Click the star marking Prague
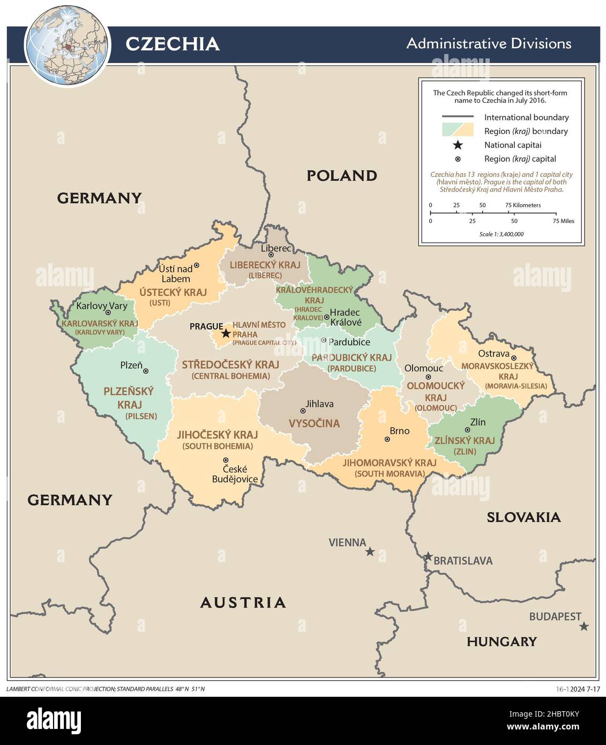(226, 333)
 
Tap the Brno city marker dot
(387, 439)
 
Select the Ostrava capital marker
(513, 358)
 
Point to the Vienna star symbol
(370, 552)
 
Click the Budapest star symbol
(584, 626)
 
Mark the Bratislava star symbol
(428, 556)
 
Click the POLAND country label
(341, 176)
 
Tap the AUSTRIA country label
(243, 602)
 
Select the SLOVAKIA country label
(523, 517)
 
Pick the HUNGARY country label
(501, 642)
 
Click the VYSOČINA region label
(314, 423)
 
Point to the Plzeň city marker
(146, 371)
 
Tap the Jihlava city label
(319, 404)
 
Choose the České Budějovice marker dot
(226, 460)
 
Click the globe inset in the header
(68, 45)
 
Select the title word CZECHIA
(172, 44)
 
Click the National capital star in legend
(458, 145)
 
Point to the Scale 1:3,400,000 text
(502, 234)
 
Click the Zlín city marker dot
(467, 430)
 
